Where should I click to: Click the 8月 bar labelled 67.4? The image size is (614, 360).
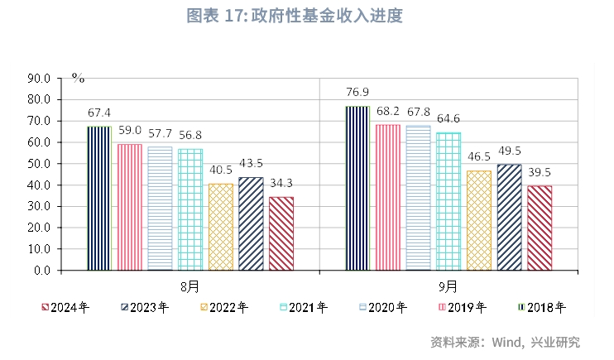tap(98, 198)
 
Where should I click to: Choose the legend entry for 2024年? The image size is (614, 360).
tap(65, 308)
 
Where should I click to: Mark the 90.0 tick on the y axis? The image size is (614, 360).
tap(40, 79)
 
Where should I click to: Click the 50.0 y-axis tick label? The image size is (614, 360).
tap(40, 164)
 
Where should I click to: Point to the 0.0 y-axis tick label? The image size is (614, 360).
tap(42, 271)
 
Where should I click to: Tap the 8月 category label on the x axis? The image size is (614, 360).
tap(189, 286)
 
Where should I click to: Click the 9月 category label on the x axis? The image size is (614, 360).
tap(448, 286)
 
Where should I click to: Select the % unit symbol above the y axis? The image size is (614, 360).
tap(78, 78)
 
